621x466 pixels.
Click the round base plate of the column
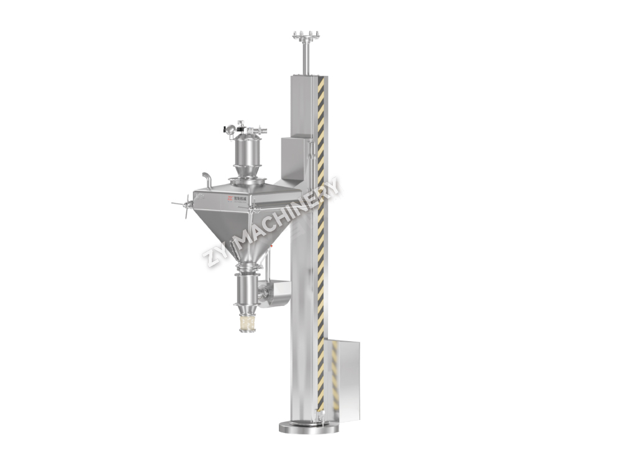point(309,427)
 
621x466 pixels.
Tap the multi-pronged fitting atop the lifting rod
point(303,36)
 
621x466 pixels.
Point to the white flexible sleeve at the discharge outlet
point(248,322)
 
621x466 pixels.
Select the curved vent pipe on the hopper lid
point(207,178)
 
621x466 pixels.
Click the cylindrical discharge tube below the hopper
point(248,289)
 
